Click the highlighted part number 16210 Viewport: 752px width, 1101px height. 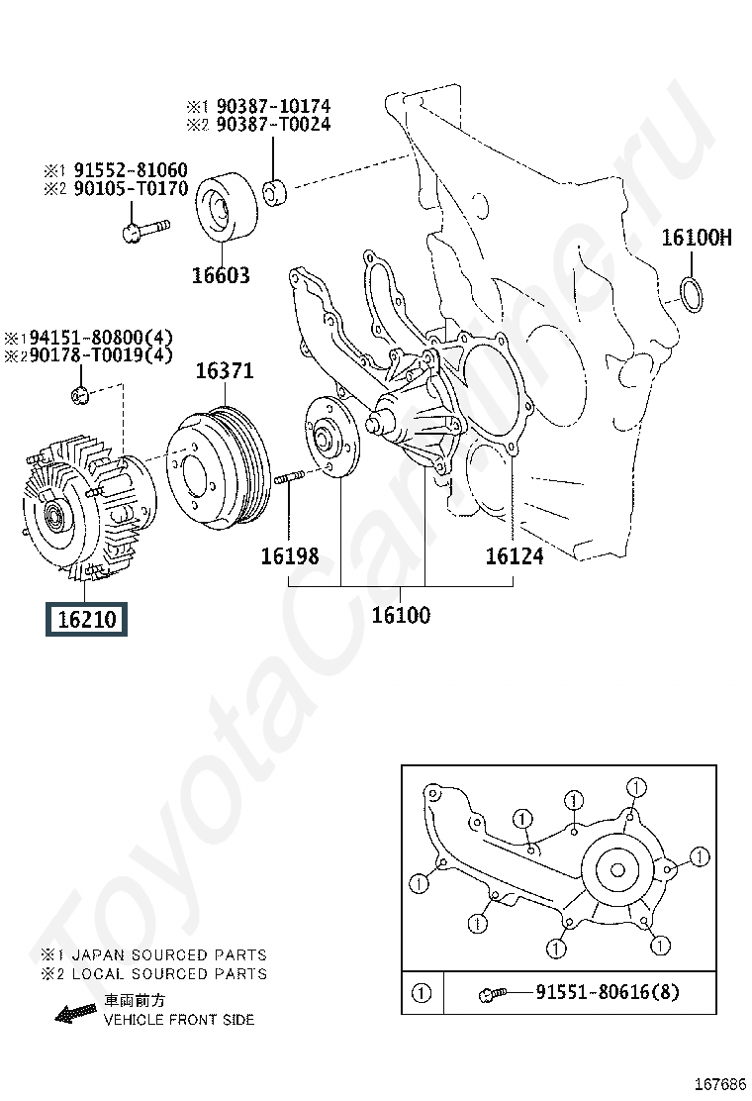(x=87, y=621)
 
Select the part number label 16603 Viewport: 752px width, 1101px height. (x=221, y=275)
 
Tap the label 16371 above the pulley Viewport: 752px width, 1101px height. (x=224, y=371)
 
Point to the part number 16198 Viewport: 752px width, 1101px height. (x=290, y=556)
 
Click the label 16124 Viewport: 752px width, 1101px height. (x=514, y=556)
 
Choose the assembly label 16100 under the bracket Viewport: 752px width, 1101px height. (x=401, y=615)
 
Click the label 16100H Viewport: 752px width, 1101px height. (x=697, y=238)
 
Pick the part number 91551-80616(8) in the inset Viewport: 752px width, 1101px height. (x=608, y=992)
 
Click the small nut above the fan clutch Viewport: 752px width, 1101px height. (x=80, y=397)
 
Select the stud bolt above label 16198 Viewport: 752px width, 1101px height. (x=286, y=479)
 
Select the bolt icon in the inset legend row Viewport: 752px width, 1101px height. (x=491, y=992)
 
